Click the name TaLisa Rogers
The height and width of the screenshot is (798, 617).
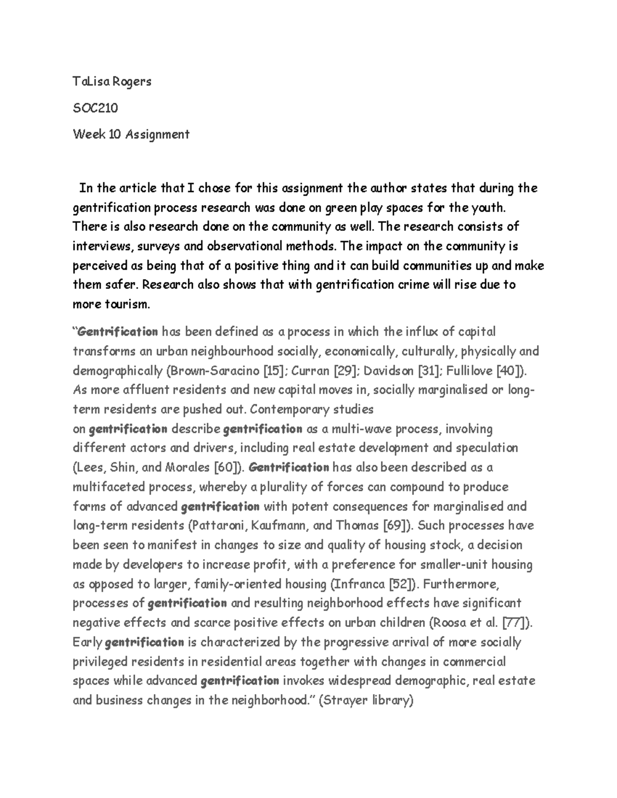click(112, 81)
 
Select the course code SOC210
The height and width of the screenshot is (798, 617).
click(96, 108)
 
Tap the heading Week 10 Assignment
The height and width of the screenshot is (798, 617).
click(131, 135)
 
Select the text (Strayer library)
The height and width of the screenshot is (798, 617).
click(366, 700)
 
